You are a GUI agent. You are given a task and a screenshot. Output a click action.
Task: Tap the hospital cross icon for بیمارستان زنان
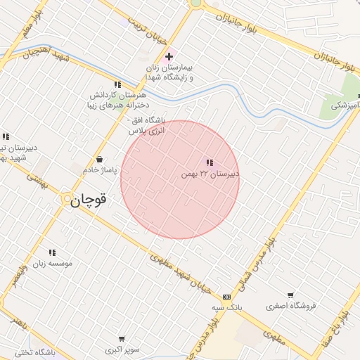pos(169,56)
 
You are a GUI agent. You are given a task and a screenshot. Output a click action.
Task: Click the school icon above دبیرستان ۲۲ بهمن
pos(210,163)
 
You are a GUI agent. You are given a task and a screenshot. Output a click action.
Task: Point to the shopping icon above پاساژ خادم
pos(99,159)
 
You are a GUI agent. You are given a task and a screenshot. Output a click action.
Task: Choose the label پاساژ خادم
pos(99,169)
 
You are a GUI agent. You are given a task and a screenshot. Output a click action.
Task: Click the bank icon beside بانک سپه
pos(226,297)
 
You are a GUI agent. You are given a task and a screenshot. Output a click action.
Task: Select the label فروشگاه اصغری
pos(291,306)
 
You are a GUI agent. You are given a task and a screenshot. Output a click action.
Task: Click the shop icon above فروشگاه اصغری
pos(290,295)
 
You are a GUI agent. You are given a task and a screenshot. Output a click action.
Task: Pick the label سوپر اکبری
pos(122,349)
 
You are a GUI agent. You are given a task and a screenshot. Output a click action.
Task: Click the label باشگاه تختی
pos(39,352)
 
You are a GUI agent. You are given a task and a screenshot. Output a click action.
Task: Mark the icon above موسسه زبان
pos(52,253)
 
